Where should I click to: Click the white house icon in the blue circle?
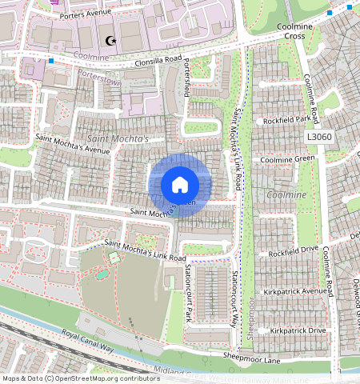coord(180,185)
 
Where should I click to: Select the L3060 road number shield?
coord(318,138)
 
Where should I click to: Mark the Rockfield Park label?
coord(286,120)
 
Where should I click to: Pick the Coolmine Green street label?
coord(287,158)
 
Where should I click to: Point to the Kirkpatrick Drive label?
coord(298,330)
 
